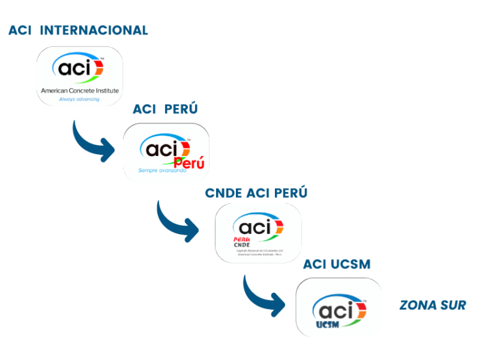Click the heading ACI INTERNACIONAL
point(78,30)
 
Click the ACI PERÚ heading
point(165,109)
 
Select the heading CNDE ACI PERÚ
point(256,192)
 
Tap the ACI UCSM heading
point(336,264)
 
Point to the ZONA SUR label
point(432,305)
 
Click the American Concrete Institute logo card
point(79,75)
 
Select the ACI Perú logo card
point(166,152)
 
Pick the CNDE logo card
point(258,232)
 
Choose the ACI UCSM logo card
point(338,307)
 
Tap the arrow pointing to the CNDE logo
point(178,221)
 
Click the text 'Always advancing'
point(79,99)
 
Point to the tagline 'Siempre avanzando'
point(162,171)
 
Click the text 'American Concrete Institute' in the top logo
point(79,91)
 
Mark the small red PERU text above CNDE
point(242,239)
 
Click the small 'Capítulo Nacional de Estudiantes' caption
point(258,252)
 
